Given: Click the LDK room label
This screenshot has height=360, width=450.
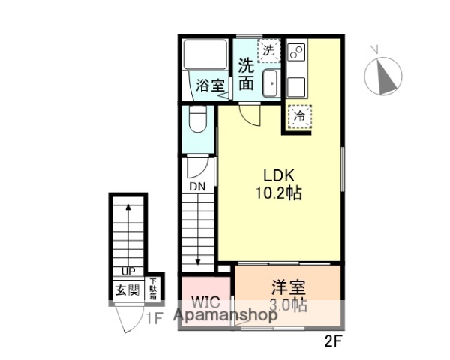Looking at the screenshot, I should tap(277, 175).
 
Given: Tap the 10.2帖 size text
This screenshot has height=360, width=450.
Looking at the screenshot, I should tap(277, 193).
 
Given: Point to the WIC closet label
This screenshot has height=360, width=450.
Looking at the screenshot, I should tap(205, 304).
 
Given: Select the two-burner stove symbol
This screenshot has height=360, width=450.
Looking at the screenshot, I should tap(294, 54).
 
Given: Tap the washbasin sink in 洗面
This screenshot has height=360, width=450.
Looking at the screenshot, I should tap(271, 84).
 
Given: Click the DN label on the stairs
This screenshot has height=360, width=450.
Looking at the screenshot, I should tap(197, 186).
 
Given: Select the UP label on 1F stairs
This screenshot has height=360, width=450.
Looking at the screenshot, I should tap(126, 271).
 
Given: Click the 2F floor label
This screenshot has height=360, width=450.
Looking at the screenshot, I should tap(334, 340).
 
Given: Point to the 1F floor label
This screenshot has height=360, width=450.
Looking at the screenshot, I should tap(154, 317).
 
